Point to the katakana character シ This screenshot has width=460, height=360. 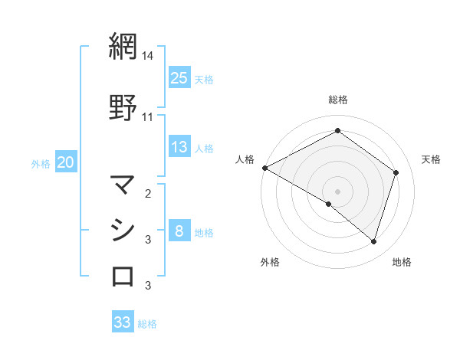(123, 230)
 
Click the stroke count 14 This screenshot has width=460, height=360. (147, 56)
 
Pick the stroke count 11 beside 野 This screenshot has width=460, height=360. (148, 117)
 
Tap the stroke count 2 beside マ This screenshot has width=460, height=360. (148, 193)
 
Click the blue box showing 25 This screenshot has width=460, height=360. (179, 78)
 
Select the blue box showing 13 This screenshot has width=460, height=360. (179, 147)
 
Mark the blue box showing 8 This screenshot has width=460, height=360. (179, 232)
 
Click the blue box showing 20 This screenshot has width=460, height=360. (66, 162)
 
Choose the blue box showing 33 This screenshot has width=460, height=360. (123, 322)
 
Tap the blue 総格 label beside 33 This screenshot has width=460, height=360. (147, 324)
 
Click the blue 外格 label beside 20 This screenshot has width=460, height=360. (41, 163)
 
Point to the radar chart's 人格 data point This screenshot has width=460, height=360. (264, 168)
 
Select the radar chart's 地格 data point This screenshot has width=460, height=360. (373, 241)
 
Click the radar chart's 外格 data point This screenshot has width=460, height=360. (329, 204)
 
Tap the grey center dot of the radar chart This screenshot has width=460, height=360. (337, 191)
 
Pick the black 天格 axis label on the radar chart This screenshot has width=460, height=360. (432, 159)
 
